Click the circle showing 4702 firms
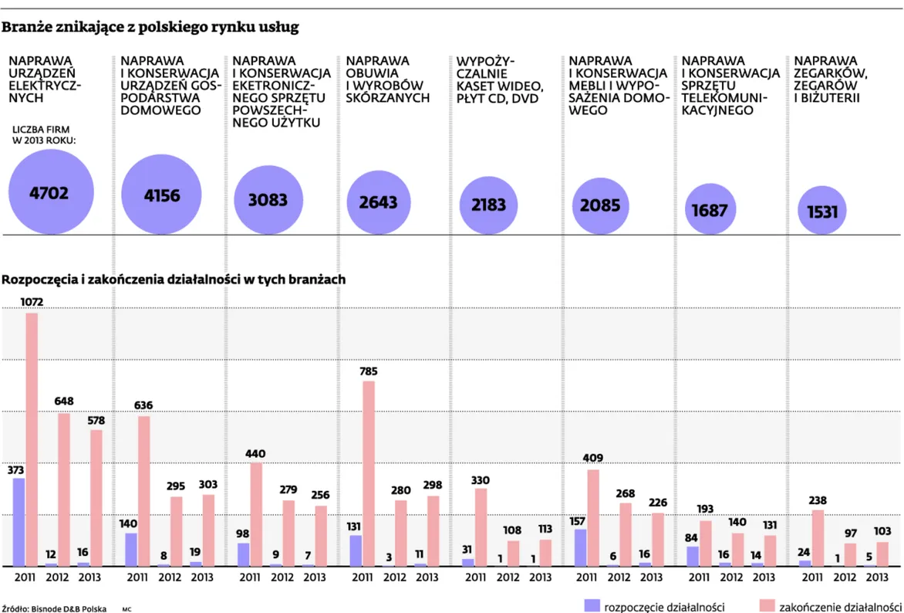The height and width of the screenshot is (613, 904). [x=50, y=191]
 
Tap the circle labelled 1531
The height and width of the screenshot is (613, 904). [x=822, y=210]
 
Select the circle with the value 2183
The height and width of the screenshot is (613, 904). [x=488, y=204]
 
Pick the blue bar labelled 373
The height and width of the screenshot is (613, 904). [x=19, y=522]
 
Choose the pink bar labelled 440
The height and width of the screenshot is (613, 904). [x=256, y=514]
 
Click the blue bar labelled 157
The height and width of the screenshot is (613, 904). [x=580, y=547]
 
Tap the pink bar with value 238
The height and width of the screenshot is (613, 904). [x=818, y=537]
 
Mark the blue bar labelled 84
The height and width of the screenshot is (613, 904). [x=693, y=556]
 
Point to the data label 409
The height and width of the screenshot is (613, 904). [x=593, y=458]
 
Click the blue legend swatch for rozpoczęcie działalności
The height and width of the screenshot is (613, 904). [x=592, y=606]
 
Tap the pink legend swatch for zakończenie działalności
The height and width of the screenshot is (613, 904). [x=765, y=606]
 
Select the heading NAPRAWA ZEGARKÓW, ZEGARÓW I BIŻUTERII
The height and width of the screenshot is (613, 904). [x=831, y=79]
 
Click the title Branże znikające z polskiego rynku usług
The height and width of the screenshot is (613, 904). [x=150, y=28]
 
